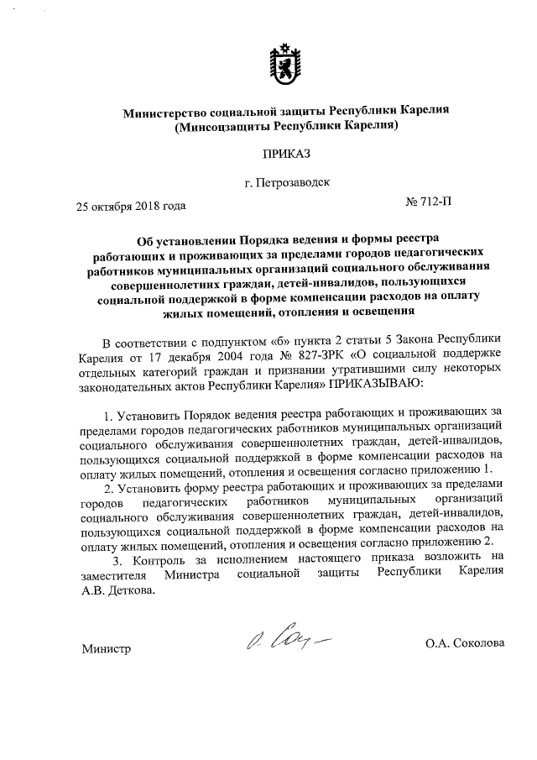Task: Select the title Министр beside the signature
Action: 107,647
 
